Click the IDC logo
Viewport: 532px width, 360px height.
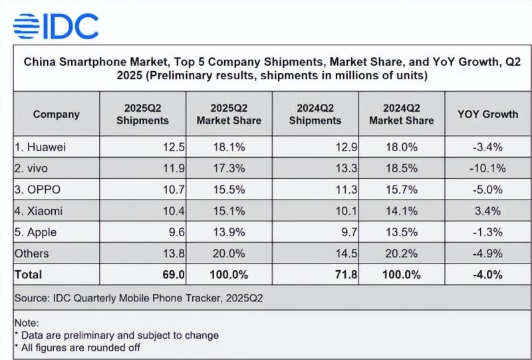point(56,25)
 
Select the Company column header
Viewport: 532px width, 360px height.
point(56,114)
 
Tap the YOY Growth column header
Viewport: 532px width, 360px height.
point(487,114)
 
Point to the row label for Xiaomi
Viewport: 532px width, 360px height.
point(41,210)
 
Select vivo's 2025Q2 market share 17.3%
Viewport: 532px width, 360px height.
point(229,167)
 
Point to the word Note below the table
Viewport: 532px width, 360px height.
point(27,323)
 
